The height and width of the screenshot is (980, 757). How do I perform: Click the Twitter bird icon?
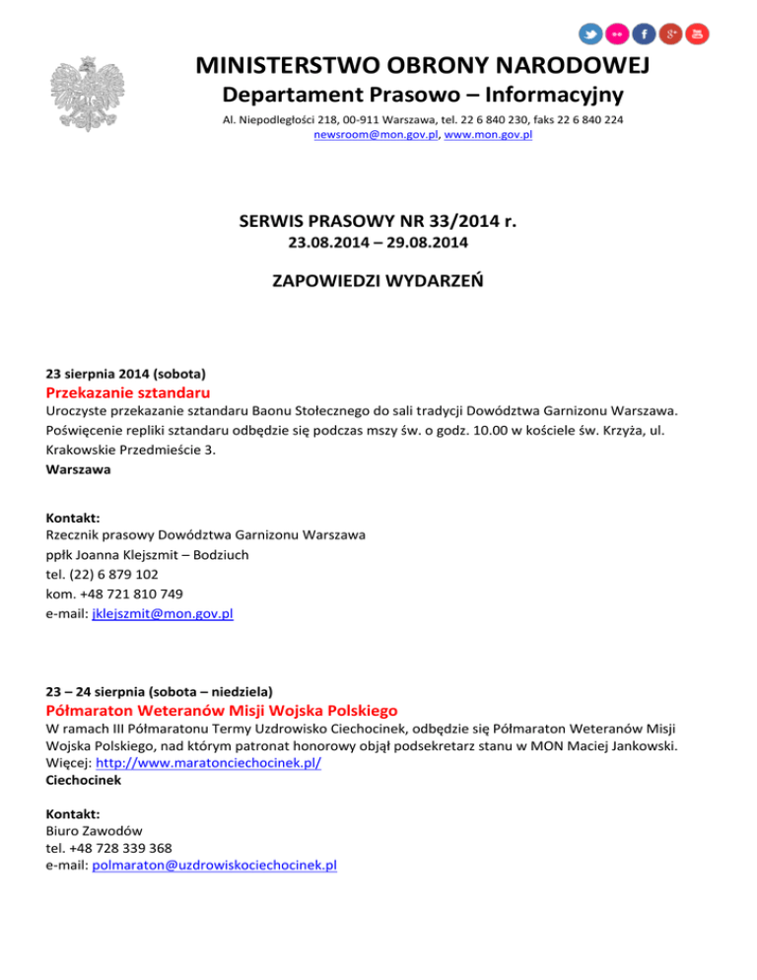point(590,35)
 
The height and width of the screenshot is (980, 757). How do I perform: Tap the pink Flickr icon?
point(617,35)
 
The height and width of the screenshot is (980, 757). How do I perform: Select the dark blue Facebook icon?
point(644,35)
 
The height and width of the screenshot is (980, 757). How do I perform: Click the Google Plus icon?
point(671,35)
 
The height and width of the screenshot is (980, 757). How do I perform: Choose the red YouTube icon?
point(698,35)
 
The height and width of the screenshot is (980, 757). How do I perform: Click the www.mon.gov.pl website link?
point(488,134)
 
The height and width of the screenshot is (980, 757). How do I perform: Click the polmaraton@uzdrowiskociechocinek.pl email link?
point(214,865)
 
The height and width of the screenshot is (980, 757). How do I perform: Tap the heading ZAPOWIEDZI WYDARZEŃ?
point(378,282)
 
